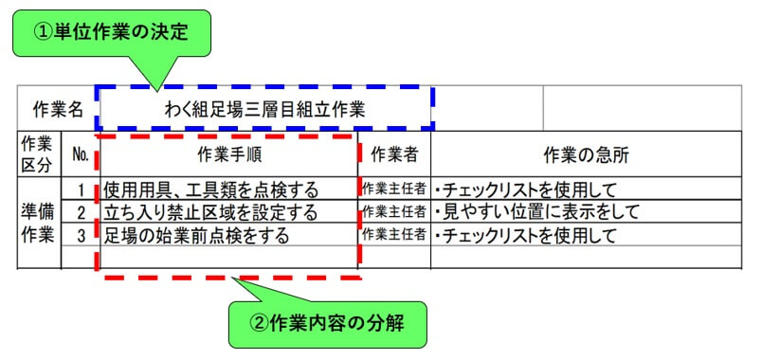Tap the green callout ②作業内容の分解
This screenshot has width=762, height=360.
327,323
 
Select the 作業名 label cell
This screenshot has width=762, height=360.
58,108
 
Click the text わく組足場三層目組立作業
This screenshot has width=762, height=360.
264,108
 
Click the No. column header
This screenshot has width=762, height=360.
80,153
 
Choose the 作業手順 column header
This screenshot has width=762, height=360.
227,153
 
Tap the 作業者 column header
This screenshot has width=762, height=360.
394,153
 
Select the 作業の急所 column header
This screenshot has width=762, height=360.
586,153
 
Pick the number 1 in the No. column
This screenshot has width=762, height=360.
82,189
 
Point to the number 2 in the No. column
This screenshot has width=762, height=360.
82,211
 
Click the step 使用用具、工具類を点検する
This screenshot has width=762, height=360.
211,189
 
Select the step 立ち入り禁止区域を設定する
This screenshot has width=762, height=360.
211,211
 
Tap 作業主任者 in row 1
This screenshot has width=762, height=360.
394,189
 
